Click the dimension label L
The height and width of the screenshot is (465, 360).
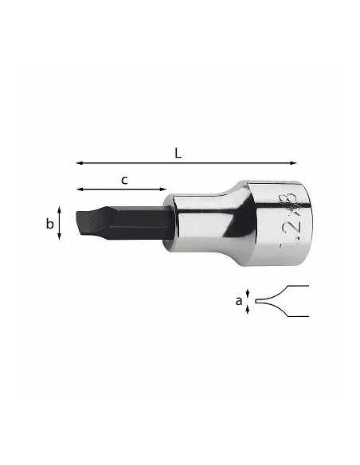point(178,154)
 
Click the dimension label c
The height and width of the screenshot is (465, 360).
point(124,180)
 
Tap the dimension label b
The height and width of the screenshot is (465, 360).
point(50,223)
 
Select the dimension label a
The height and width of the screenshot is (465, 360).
point(239,301)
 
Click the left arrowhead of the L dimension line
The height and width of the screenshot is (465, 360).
point(79,162)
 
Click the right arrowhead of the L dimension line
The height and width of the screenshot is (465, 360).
point(293,162)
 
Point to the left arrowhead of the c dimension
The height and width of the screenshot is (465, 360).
point(80,190)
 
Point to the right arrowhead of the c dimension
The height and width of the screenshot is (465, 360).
point(162,190)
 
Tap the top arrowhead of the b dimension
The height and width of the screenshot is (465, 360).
point(59,209)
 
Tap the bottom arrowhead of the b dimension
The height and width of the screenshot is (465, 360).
point(59,236)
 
